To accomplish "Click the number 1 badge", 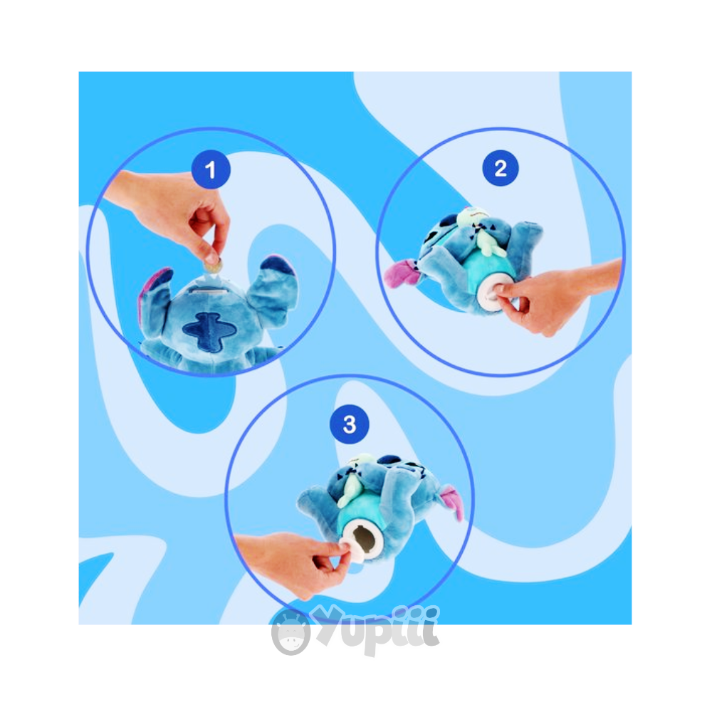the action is tap(211, 170).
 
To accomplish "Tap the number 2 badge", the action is tap(501, 168).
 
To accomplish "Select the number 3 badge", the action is tap(349, 424).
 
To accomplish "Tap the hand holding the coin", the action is tap(172, 214).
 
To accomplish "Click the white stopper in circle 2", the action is tap(493, 294).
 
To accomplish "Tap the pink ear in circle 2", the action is tap(402, 273).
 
